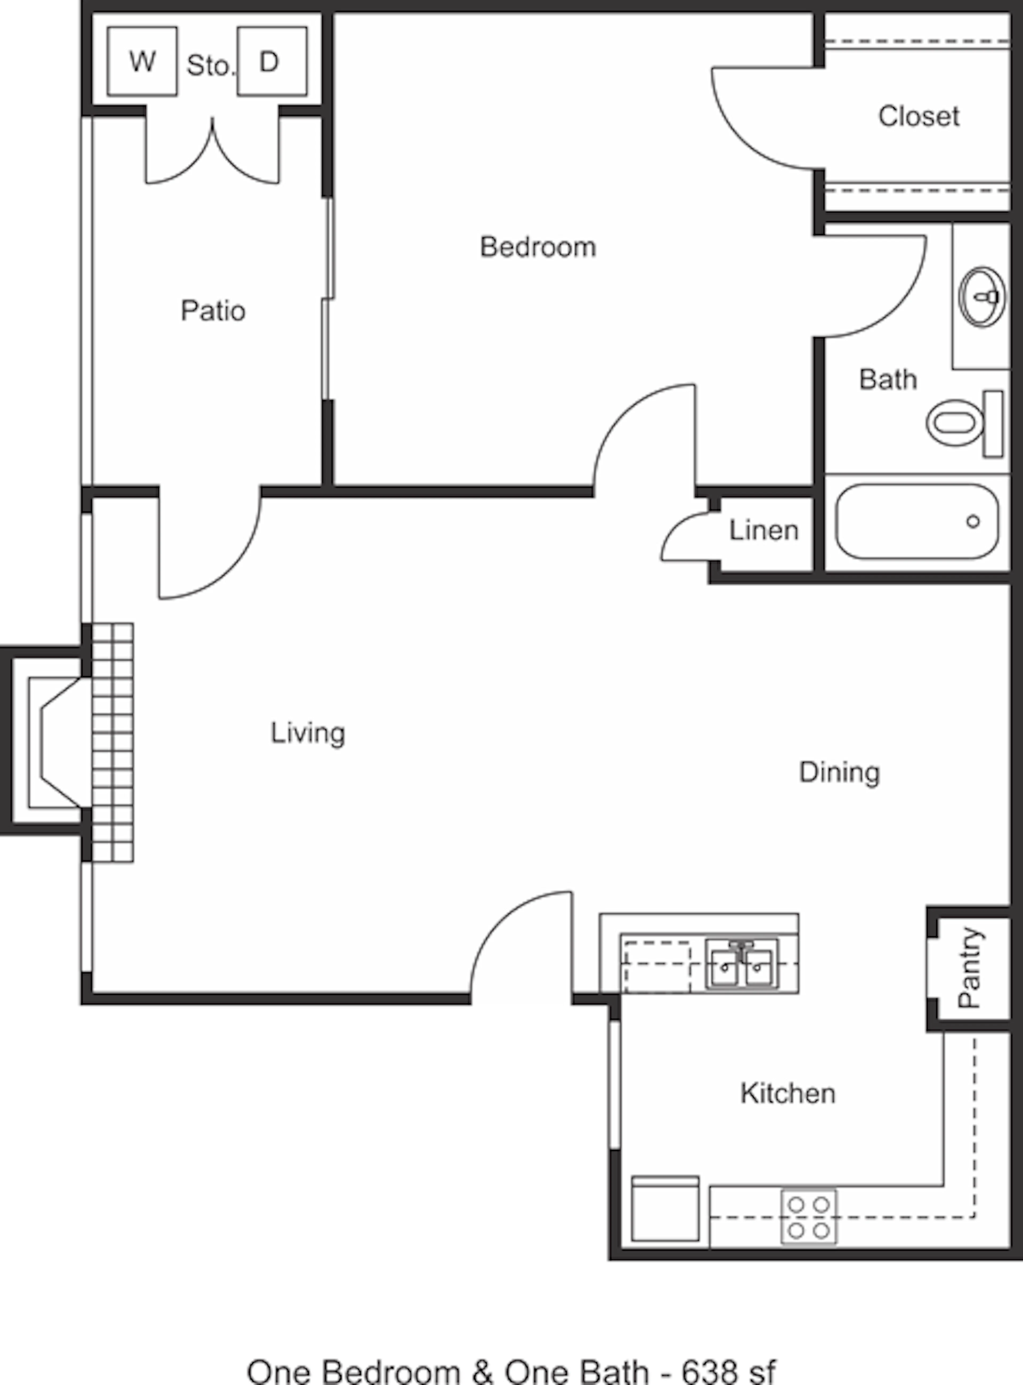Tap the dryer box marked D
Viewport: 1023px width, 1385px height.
coord(272,61)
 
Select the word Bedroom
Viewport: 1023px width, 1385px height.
coord(538,247)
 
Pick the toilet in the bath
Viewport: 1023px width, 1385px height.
coord(965,424)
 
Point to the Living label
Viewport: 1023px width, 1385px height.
coord(308,733)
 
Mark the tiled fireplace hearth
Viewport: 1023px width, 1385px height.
coord(113,742)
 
